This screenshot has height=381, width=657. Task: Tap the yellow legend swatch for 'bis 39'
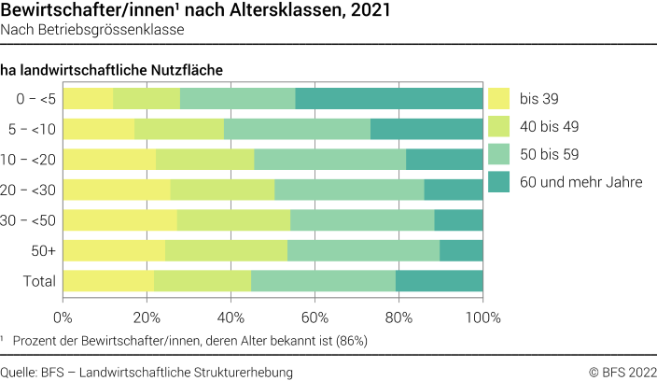[x=500, y=97]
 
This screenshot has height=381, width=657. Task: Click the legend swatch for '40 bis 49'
[x=500, y=125]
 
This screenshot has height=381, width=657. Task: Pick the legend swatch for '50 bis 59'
[x=500, y=153]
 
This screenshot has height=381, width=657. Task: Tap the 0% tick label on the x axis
[x=63, y=316]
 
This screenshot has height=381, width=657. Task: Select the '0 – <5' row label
[x=35, y=98]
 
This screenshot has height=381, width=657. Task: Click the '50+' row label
[x=43, y=250]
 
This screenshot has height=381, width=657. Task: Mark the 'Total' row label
[x=39, y=281]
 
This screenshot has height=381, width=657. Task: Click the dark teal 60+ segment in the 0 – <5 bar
[x=389, y=98]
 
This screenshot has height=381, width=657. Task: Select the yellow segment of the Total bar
[x=108, y=281]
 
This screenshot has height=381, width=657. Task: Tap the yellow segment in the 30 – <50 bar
[x=119, y=220]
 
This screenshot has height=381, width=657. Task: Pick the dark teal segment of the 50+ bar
[x=461, y=250]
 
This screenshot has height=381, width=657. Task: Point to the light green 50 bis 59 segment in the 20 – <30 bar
[x=349, y=190]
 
